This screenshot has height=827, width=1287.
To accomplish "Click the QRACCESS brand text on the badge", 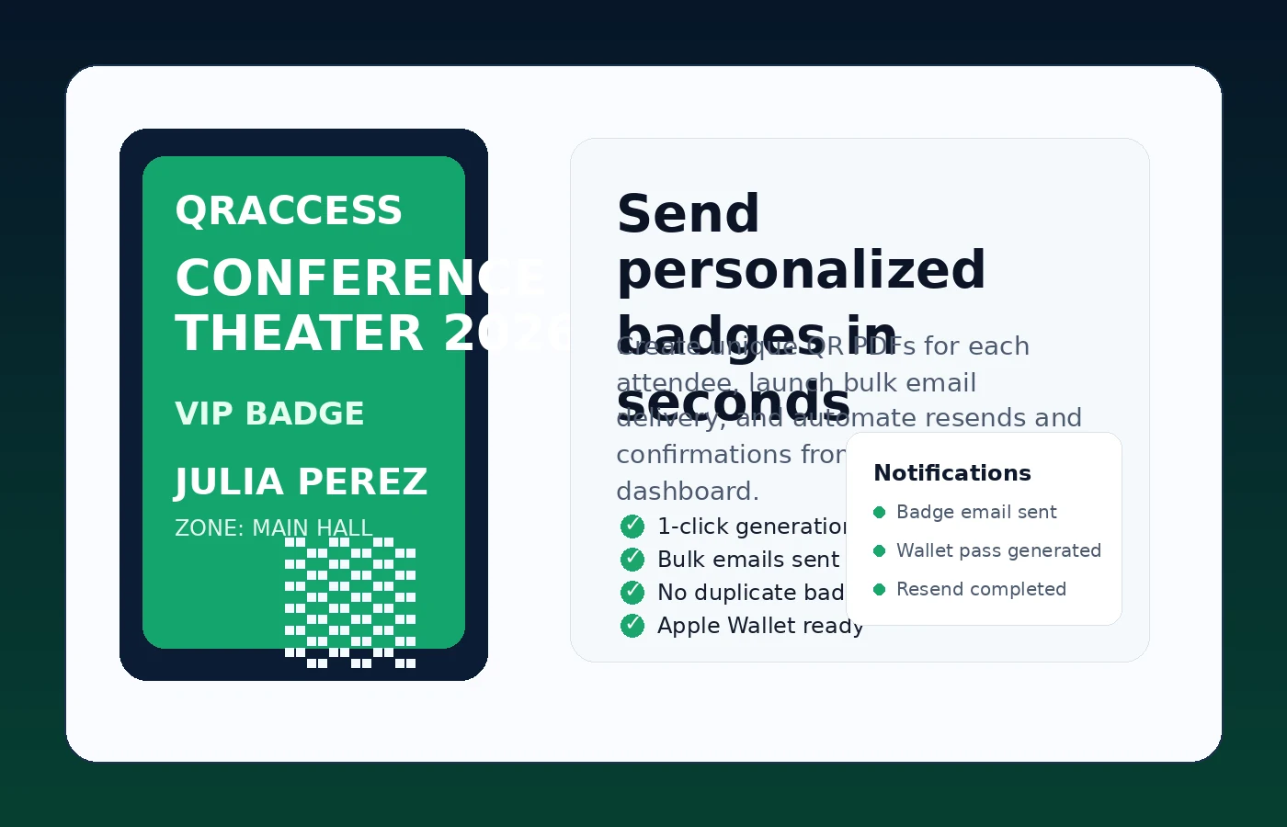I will click(x=289, y=210).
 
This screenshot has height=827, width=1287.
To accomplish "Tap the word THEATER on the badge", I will click(x=300, y=333).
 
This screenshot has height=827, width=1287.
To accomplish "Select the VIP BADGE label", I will click(x=269, y=413).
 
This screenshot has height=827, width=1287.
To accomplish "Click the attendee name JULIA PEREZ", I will click(x=302, y=481).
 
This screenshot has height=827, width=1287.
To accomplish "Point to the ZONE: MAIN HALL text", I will click(x=273, y=528).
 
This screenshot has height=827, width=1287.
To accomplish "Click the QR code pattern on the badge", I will click(x=350, y=602).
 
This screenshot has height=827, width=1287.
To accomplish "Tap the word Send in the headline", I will click(x=688, y=214).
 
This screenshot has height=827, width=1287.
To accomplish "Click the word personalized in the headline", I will click(x=801, y=270).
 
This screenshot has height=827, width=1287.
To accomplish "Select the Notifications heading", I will click(x=951, y=473).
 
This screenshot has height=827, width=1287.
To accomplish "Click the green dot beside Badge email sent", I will click(x=879, y=513).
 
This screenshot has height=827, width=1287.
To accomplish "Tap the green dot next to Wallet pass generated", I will click(x=879, y=551).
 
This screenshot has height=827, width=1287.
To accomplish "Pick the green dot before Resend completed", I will click(x=879, y=590).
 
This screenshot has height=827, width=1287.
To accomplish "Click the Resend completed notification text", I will click(x=981, y=590).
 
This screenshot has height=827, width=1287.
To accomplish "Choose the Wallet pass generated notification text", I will click(x=998, y=551).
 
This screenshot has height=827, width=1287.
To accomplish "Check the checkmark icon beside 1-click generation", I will click(x=632, y=527).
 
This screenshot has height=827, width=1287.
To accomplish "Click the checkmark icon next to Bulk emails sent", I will click(x=632, y=560).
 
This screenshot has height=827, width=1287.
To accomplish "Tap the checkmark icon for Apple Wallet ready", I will click(x=632, y=626).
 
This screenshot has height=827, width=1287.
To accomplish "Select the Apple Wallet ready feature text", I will click(x=759, y=626).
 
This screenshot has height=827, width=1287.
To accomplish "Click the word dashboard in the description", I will click(x=686, y=492).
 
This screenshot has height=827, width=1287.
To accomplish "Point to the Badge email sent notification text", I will click(x=976, y=513).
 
